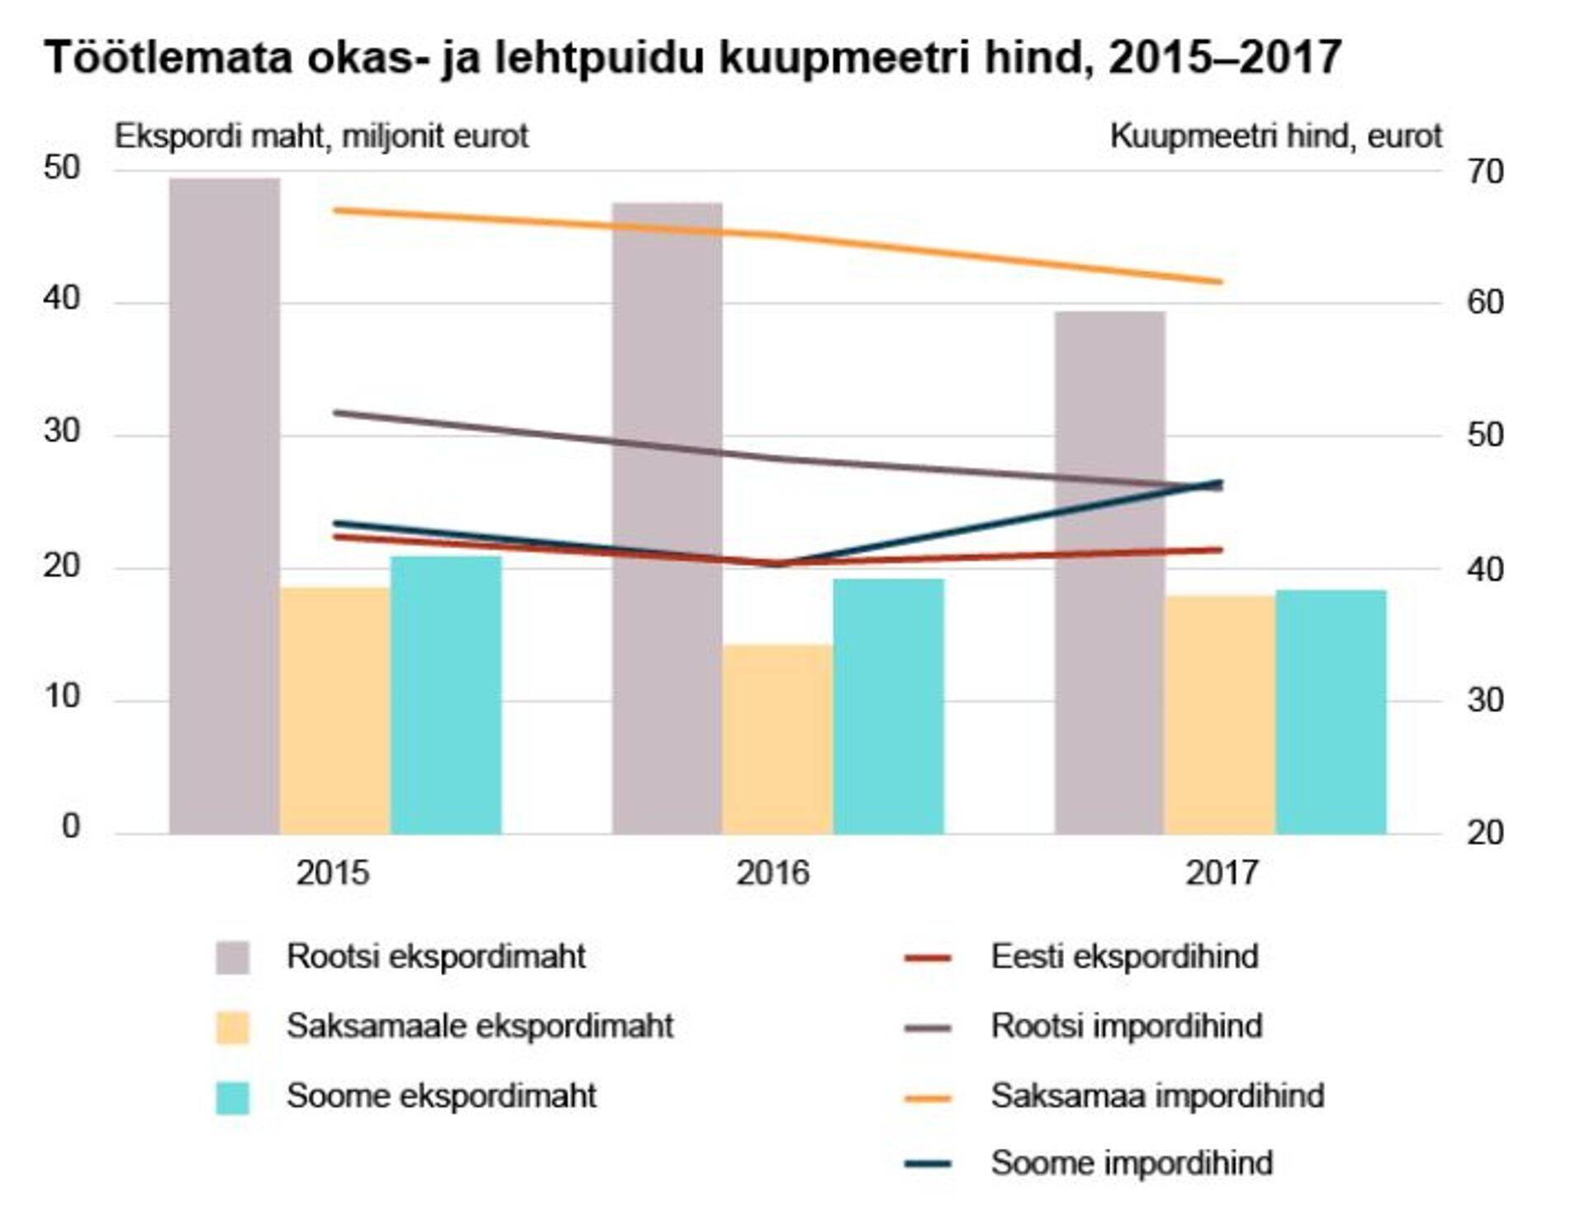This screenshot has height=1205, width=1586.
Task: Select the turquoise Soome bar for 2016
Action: coord(888,706)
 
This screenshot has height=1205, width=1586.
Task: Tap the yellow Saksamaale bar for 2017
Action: coord(1220,714)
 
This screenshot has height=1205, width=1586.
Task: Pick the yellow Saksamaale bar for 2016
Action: coord(777,739)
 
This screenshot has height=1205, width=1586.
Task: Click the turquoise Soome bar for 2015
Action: coord(446,695)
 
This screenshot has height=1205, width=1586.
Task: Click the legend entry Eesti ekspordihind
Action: coord(1123,956)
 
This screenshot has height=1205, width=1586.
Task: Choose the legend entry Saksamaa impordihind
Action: coord(1156,1095)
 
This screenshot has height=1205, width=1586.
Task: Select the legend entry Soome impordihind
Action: coord(1131,1163)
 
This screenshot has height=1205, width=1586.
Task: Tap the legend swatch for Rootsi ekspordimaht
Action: coord(232,957)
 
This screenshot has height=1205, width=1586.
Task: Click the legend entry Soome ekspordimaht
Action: coord(440,1096)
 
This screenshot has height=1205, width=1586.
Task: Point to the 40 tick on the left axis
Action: coord(62,298)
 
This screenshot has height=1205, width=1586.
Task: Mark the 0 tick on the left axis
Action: coord(71,826)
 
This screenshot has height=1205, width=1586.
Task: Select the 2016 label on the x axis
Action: coord(773,873)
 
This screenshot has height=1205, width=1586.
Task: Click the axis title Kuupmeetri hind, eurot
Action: coord(1275,136)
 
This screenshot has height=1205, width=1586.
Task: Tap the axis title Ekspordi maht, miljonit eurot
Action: coord(321,136)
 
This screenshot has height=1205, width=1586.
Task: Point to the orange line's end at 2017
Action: coord(1221,282)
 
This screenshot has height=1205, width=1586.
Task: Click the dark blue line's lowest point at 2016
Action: coord(777,564)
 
